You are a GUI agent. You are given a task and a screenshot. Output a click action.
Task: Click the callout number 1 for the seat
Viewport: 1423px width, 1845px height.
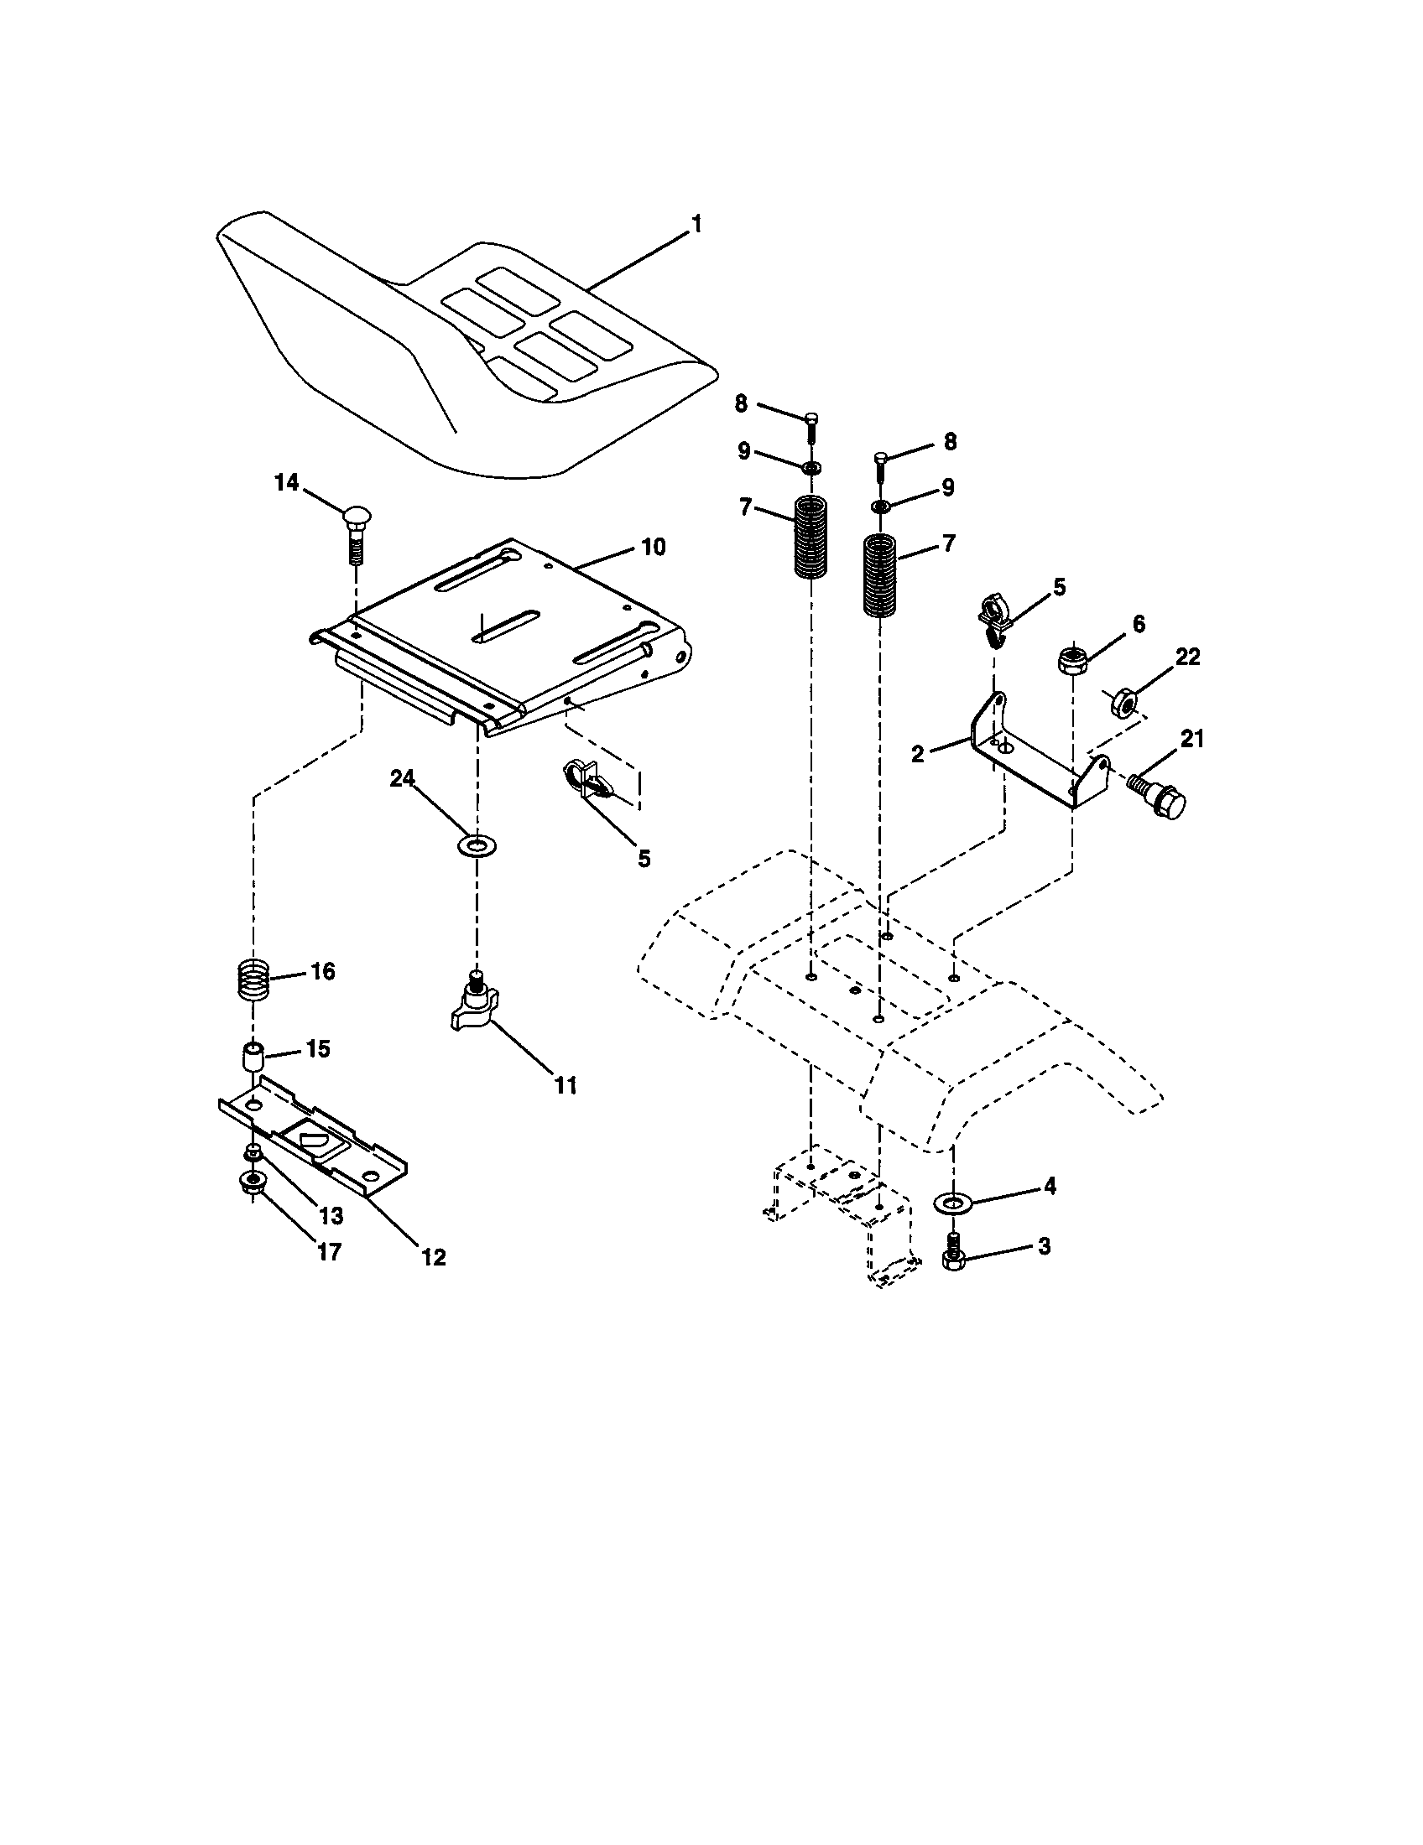(696, 225)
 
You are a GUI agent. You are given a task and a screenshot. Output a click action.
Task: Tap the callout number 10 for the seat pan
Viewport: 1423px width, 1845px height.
(654, 547)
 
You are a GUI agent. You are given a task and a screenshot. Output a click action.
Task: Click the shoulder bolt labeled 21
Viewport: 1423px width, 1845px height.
(1158, 797)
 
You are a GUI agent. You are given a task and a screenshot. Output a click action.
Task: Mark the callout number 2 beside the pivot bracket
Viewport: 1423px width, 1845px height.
(919, 754)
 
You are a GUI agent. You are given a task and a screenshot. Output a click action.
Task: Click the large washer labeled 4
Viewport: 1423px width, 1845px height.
(952, 1201)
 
